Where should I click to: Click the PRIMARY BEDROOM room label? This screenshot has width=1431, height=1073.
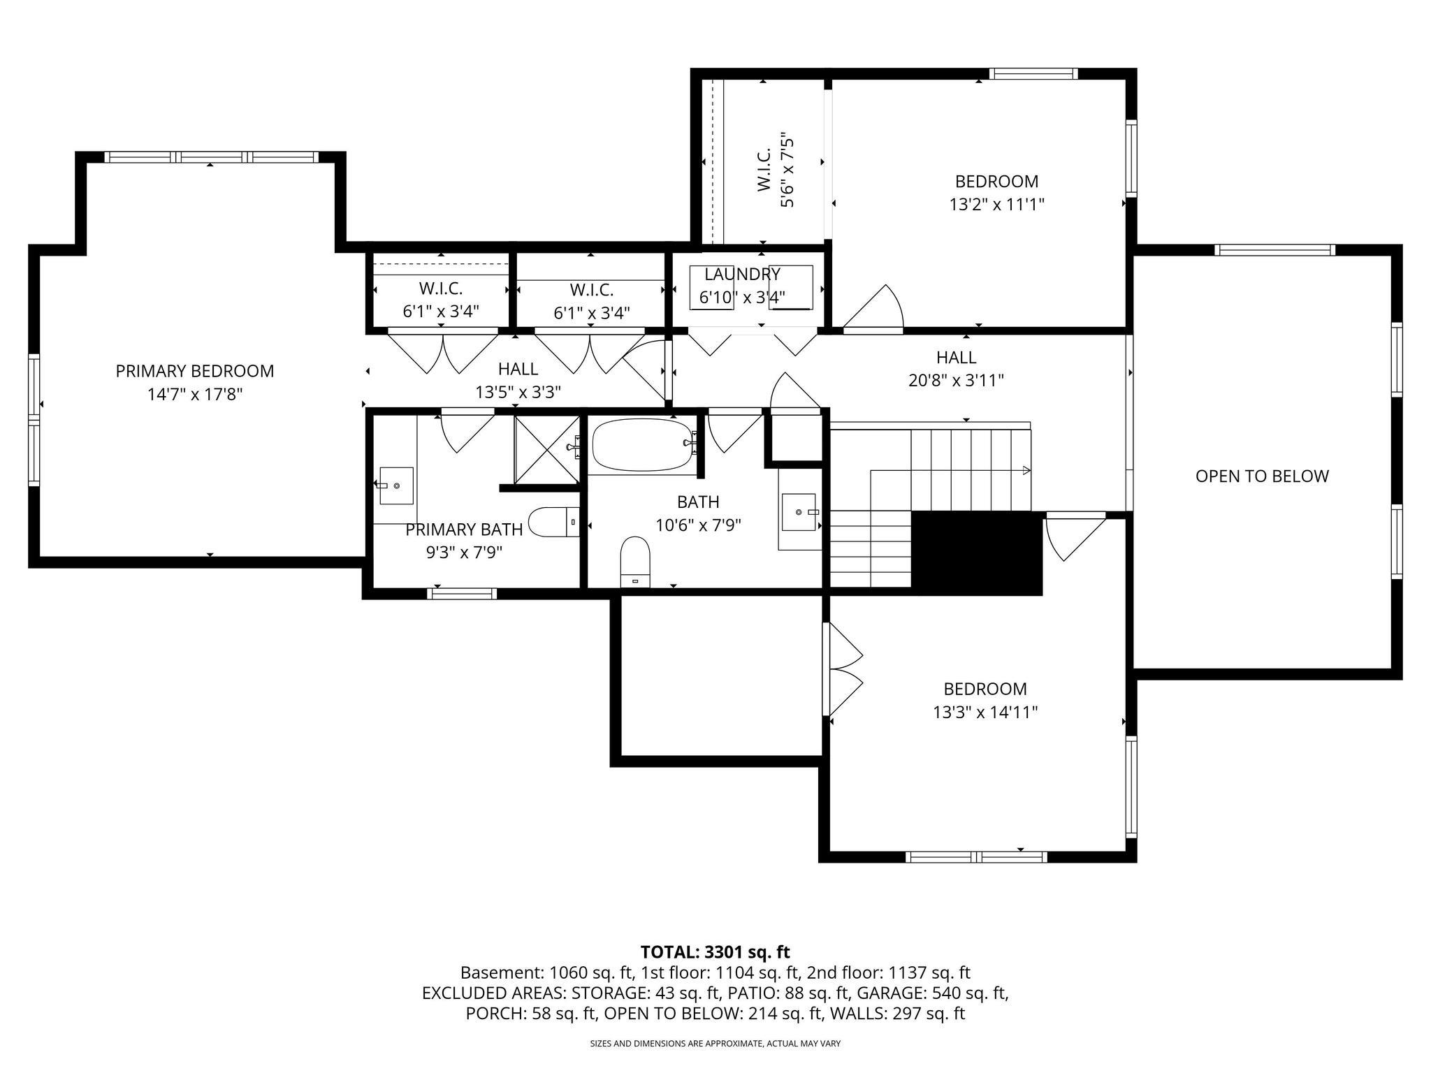[194, 371]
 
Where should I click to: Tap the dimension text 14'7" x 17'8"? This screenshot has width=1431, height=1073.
[194, 395]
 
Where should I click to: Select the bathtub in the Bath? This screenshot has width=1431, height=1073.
[643, 444]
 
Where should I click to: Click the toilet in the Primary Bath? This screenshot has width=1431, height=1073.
[553, 522]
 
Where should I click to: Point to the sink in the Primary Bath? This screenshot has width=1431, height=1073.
[396, 485]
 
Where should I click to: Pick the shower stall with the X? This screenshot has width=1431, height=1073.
[547, 448]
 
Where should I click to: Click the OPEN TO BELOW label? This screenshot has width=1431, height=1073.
[1261, 476]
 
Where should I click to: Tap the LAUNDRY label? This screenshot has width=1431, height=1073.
[741, 275]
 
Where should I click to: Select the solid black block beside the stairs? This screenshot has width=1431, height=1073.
[977, 553]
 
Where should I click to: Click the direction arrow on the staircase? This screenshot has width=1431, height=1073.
[1026, 470]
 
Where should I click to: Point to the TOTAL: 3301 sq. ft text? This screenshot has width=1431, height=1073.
[715, 951]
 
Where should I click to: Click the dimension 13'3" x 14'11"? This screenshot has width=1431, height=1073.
[985, 713]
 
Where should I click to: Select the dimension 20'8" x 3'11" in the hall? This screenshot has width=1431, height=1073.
[956, 381]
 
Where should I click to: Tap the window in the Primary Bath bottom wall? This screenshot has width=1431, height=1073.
[462, 594]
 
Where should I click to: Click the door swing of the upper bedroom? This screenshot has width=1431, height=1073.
[879, 309]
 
